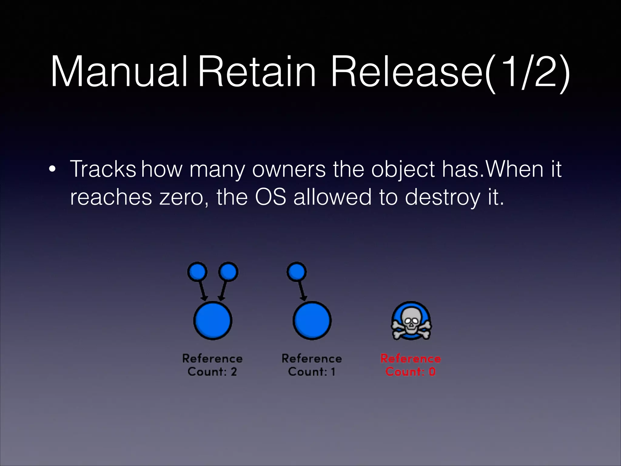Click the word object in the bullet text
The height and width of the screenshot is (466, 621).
(404, 170)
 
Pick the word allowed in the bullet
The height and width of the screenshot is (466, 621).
(332, 197)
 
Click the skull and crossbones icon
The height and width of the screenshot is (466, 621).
(411, 321)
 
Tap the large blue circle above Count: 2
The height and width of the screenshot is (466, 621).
(213, 320)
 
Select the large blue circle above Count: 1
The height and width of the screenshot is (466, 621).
(312, 320)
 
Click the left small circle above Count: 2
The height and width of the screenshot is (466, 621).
(197, 272)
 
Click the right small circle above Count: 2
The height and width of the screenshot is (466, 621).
(228, 272)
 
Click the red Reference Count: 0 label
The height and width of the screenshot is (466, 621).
(411, 365)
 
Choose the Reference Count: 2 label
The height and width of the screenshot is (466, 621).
(212, 365)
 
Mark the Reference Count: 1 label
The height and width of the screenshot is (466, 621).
(312, 365)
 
